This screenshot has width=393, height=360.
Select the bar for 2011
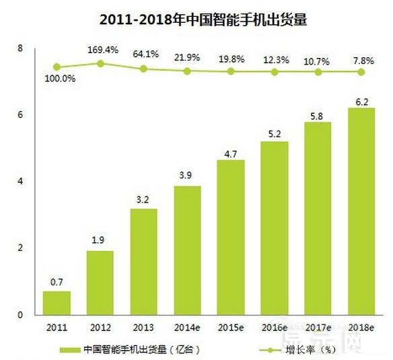click(57, 303)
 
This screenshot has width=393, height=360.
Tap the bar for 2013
click(144, 262)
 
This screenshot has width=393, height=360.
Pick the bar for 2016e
click(275, 228)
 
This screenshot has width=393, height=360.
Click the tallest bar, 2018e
click(361, 211)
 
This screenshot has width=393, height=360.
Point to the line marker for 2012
click(100, 63)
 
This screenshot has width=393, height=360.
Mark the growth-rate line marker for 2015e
click(231, 71)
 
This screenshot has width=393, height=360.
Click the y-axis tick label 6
click(21, 115)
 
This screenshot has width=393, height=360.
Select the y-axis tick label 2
click(21, 248)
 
